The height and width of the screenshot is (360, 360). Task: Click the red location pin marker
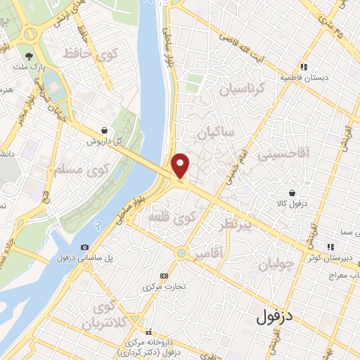point(181,165)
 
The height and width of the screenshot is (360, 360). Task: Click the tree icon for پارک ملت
point(29,56)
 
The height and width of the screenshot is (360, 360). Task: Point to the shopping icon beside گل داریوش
point(105,130)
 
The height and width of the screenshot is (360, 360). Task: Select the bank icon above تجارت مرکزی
point(165,276)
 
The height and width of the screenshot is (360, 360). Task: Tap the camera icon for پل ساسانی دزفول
point(84,247)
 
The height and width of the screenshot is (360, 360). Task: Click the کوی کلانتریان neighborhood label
point(99,316)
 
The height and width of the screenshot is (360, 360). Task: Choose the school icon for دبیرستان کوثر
point(329,246)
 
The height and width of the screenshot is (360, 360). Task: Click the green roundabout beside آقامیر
point(182,252)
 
